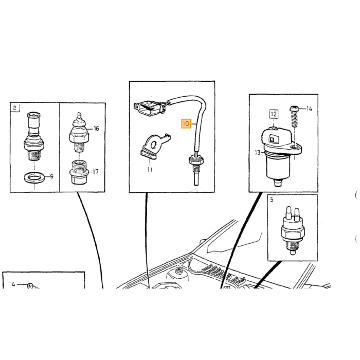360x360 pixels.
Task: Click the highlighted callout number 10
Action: pos(186,124)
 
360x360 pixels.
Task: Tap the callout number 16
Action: pos(97,129)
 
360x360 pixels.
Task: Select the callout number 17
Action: pos(95,172)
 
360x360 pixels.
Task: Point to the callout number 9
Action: pos(51,176)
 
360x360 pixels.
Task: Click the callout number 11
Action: pos(150,170)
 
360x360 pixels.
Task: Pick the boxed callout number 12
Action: pos(274,114)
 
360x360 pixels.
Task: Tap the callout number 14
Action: pos(309,109)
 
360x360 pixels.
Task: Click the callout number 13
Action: pos(258,152)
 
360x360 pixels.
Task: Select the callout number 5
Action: pos(272,200)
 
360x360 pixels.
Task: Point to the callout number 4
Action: pos(13,284)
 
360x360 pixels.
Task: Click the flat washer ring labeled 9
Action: pos(34,178)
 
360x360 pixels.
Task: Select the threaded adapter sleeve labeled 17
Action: pos(79,172)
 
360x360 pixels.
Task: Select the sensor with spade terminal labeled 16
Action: pos(79,132)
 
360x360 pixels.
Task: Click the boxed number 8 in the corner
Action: pos(15,108)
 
